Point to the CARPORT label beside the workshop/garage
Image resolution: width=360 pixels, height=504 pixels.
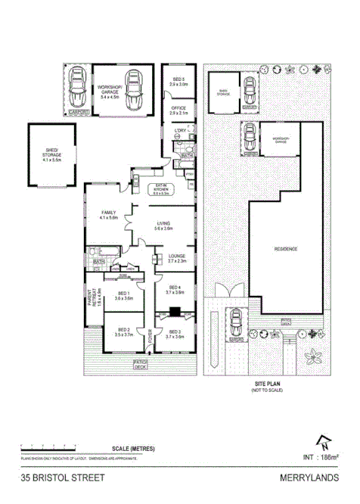click(78, 113)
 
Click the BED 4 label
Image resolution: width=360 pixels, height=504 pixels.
click(175, 289)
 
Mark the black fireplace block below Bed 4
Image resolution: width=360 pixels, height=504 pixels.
click(175, 310)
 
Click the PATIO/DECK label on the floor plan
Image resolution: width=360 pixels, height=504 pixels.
click(141, 366)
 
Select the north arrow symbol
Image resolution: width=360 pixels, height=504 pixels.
click(325, 442)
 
